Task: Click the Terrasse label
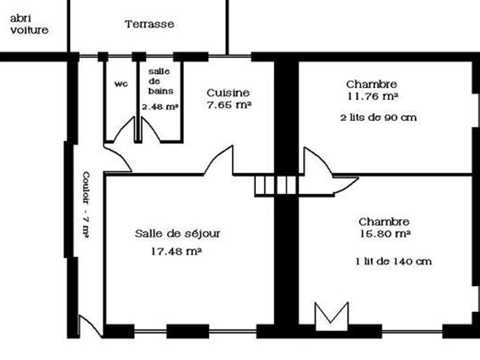[149, 24]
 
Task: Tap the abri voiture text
[29, 24]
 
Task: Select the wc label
[121, 84]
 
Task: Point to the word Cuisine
[228, 93]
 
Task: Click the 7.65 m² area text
[229, 105]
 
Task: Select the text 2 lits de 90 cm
[378, 118]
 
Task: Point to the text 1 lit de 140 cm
[394, 262]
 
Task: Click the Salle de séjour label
[177, 234]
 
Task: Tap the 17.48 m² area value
[176, 252]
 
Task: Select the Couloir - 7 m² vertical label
[86, 205]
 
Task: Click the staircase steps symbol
[276, 185]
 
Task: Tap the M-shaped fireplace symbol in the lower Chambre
[332, 316]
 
